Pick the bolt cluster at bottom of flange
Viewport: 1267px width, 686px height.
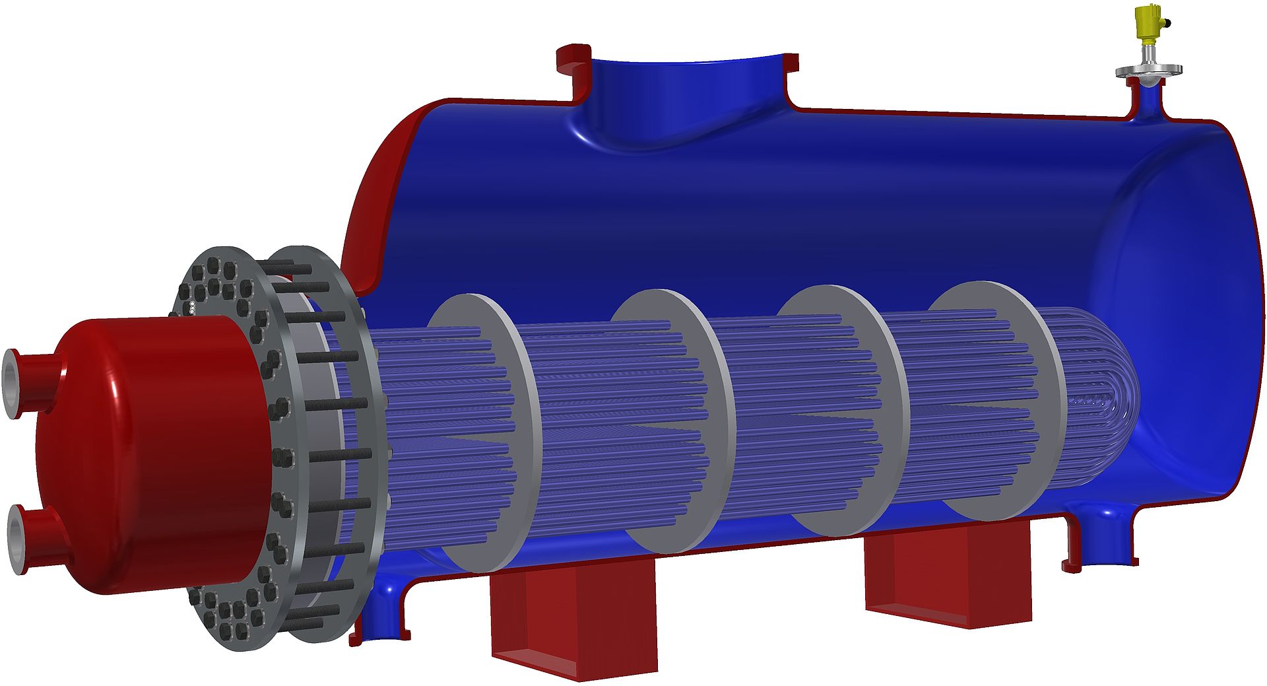(231, 614)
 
